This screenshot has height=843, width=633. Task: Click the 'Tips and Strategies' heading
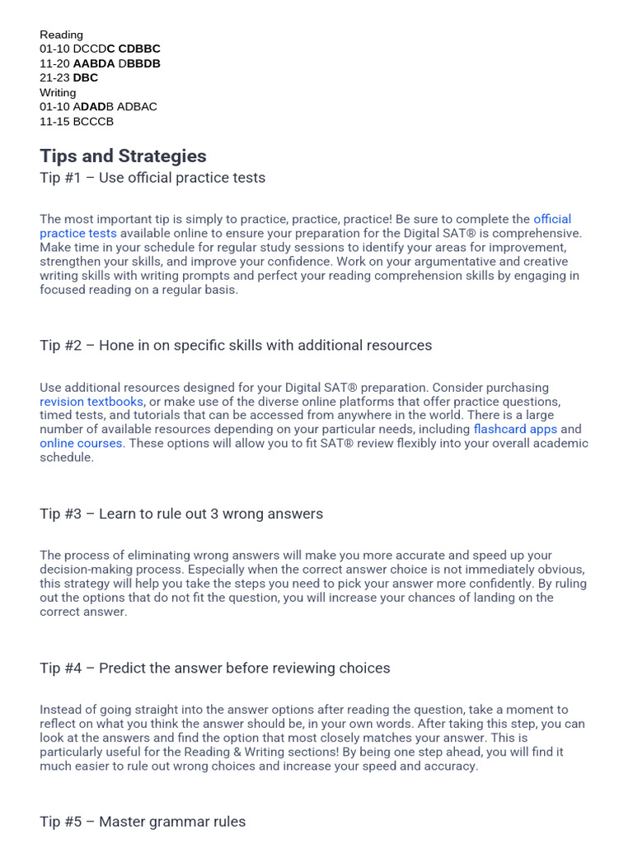[123, 156]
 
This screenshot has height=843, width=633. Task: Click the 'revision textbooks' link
[91, 402]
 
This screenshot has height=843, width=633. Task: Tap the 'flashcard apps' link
[515, 429]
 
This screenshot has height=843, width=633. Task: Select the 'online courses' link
[82, 443]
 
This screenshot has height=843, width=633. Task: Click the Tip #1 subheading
[152, 178]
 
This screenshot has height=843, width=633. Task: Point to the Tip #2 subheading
[236, 345]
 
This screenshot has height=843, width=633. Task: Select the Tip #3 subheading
[181, 514]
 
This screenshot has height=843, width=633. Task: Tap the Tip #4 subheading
[215, 668]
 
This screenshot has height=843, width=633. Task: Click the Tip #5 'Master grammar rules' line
[143, 822]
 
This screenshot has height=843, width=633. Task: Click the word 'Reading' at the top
[61, 35]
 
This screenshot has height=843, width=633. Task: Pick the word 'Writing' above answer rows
[58, 92]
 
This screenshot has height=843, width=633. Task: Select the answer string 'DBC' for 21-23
[86, 77]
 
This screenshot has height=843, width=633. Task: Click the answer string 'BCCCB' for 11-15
[93, 121]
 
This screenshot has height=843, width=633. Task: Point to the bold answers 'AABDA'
[94, 63]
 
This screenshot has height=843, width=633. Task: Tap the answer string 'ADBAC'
[137, 106]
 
